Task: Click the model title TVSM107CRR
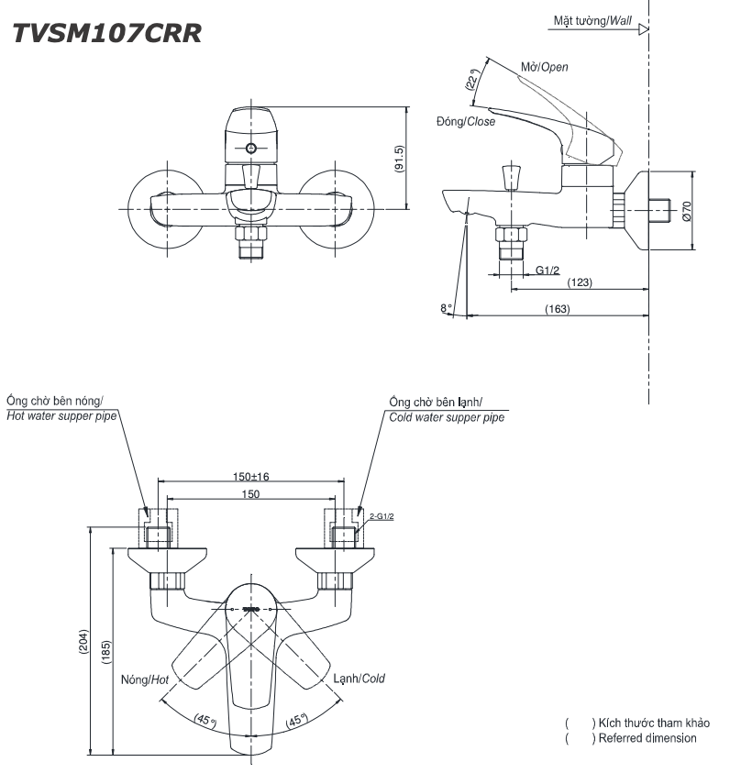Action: tap(107, 34)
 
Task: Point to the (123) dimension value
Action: tap(579, 282)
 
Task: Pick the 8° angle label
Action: tap(447, 309)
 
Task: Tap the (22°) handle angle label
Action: tap(471, 82)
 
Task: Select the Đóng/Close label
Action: tap(466, 121)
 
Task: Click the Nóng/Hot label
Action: tap(145, 679)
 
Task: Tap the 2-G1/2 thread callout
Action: tap(382, 517)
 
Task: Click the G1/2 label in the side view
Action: tap(547, 270)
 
